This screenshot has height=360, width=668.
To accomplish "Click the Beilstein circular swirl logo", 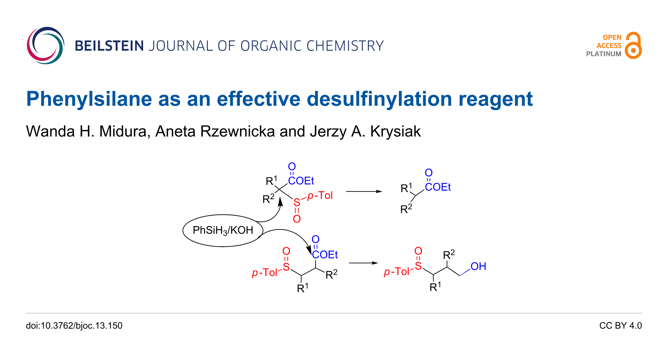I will pyautogui.click(x=45, y=46).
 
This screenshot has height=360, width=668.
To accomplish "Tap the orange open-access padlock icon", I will pyautogui.click(x=634, y=46).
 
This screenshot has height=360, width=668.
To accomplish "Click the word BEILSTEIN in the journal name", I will pyautogui.click(x=109, y=46).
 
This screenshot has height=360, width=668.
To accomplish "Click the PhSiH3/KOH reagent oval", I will pyautogui.click(x=223, y=230).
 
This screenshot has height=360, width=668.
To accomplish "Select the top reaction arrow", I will pyautogui.click(x=364, y=192).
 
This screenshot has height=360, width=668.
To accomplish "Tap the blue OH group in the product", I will pyautogui.click(x=478, y=266).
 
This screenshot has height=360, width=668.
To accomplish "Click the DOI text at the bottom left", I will pyautogui.click(x=74, y=325).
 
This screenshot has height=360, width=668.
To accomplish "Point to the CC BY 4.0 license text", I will pyautogui.click(x=620, y=325).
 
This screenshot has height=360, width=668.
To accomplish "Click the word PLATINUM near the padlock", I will pyautogui.click(x=604, y=54).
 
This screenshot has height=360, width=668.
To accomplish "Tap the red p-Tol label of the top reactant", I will pyautogui.click(x=320, y=196).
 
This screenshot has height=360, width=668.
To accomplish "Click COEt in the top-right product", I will pyautogui.click(x=438, y=187).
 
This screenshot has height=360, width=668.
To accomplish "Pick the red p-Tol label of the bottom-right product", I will pyautogui.click(x=396, y=272).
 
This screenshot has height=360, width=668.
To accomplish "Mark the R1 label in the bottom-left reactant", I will pyautogui.click(x=303, y=288).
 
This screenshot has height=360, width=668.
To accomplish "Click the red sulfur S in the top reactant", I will pyautogui.click(x=297, y=203).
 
